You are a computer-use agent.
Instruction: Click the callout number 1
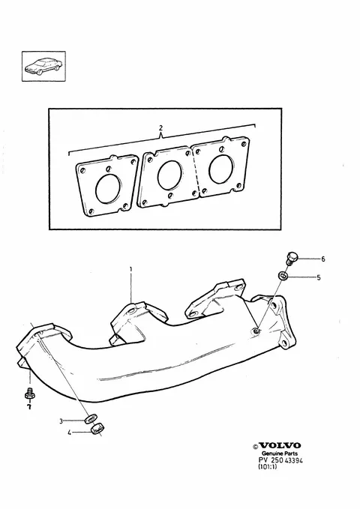[x=131, y=269]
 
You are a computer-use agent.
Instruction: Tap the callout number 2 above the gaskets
[x=160, y=128]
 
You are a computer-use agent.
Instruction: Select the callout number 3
[x=61, y=421]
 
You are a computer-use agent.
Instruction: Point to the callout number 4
[x=69, y=433]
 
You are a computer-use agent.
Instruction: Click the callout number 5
[x=319, y=277]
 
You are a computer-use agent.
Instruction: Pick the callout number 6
[x=323, y=259]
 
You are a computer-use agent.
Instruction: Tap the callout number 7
[x=29, y=407]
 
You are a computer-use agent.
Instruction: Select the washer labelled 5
[x=283, y=277]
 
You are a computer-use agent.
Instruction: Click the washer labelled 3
[x=90, y=419]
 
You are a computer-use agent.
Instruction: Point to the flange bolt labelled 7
[x=29, y=393]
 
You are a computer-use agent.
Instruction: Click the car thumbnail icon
[x=43, y=66]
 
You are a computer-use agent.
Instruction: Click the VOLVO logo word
[x=280, y=445]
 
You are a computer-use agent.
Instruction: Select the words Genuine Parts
[x=280, y=454]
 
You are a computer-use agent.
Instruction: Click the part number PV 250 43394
[x=280, y=460]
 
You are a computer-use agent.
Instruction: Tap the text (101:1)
[x=268, y=467]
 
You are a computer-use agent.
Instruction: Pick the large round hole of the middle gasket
[x=170, y=175]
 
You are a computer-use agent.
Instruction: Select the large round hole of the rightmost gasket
[x=221, y=169]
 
